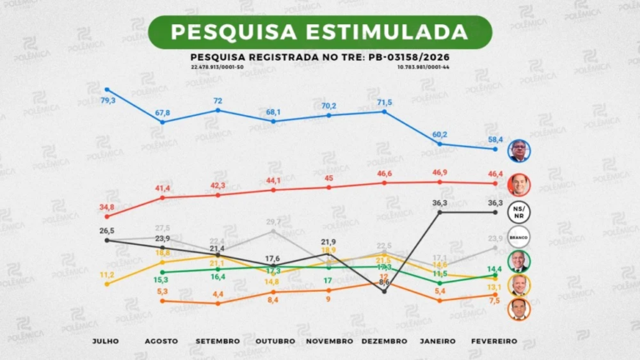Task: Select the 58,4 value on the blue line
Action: pyautogui.click(x=495, y=139)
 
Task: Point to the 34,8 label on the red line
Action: pyautogui.click(x=107, y=207)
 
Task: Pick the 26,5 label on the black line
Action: pyautogui.click(x=107, y=230)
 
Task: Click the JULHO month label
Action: pyautogui.click(x=107, y=341)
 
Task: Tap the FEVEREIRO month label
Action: pyautogui.click(x=495, y=341)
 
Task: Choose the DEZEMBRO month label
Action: pyautogui.click(x=384, y=341)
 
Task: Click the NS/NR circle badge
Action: pyautogui.click(x=519, y=211)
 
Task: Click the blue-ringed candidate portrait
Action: pyautogui.click(x=519, y=151)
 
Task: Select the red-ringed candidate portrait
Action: pyautogui.click(x=519, y=184)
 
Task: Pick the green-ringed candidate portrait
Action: pyautogui.click(x=519, y=262)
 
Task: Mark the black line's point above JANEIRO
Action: pyautogui.click(x=440, y=212)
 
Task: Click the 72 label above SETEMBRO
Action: pyautogui.click(x=218, y=100)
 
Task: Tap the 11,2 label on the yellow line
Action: pyautogui.click(x=107, y=274)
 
